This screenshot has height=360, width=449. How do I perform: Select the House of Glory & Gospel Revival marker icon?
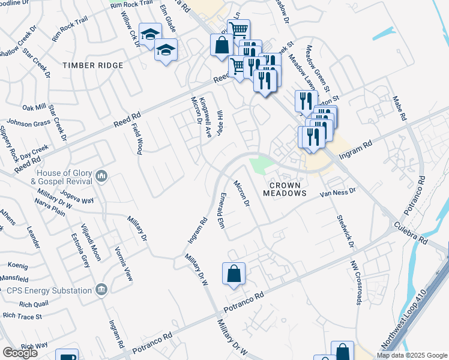(x=101, y=176)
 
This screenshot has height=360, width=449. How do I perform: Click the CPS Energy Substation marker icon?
(x=101, y=290)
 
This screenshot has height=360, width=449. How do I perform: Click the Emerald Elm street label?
(x=221, y=210)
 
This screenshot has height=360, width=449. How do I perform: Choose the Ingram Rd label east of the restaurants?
(x=356, y=149)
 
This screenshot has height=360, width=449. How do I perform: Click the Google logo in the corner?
(x=20, y=353)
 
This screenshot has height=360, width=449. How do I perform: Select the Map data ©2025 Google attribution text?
(x=412, y=355)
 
